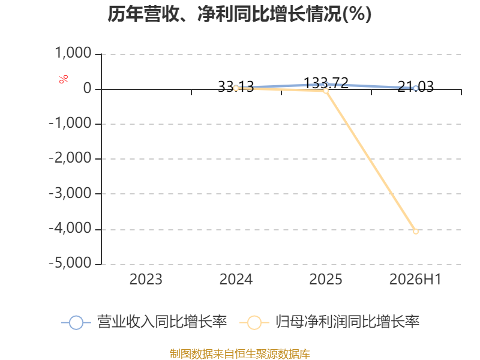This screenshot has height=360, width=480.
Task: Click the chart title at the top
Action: (x=239, y=14)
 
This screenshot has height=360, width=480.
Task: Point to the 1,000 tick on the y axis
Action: (x=73, y=53)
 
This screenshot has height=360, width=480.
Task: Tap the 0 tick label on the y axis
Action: (x=87, y=88)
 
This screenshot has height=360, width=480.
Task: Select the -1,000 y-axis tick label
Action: (x=70, y=124)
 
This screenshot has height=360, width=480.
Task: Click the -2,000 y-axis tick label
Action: (x=70, y=158)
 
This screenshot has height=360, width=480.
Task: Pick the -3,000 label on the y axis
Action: (x=70, y=193)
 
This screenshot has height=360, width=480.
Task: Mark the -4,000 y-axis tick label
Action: (x=70, y=229)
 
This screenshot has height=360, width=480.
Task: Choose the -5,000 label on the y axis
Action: (x=70, y=263)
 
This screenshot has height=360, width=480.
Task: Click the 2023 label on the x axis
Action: (x=146, y=280)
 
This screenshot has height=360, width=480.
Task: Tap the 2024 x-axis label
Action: (x=236, y=280)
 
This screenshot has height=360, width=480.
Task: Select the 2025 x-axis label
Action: (x=326, y=280)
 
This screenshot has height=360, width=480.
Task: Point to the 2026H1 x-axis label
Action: (x=415, y=280)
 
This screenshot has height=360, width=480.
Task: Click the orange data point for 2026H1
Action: (x=416, y=232)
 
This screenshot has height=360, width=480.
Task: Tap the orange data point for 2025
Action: (x=326, y=91)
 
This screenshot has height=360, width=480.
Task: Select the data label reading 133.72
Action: (x=326, y=83)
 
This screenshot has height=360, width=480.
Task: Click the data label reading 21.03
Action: (x=416, y=86)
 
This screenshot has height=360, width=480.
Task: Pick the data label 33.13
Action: (x=236, y=86)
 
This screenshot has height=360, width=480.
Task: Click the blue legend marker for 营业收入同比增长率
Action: (x=76, y=323)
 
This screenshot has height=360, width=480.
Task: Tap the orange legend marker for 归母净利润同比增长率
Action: (x=254, y=323)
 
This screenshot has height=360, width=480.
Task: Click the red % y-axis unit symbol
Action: (x=64, y=79)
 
